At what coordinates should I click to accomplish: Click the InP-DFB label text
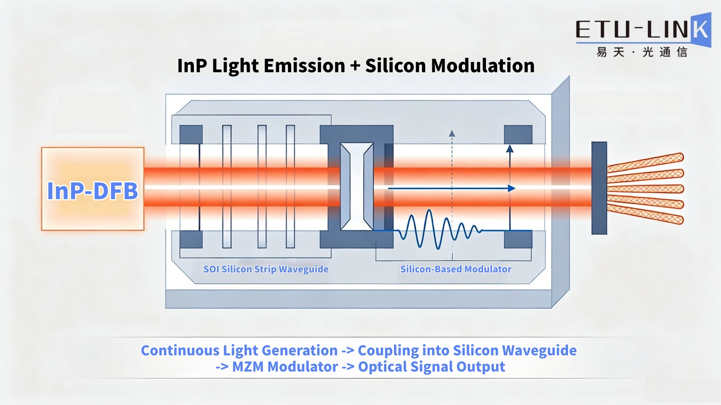(92, 190)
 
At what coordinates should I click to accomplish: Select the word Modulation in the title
(483, 66)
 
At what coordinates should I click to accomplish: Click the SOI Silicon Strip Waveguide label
(266, 269)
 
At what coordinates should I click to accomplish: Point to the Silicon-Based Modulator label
(456, 269)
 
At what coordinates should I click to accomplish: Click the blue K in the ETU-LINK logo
(701, 30)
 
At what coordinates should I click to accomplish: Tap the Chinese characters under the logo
(642, 52)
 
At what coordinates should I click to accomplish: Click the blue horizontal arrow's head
(511, 188)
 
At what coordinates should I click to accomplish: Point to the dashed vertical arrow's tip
(452, 133)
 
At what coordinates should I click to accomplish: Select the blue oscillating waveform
(439, 229)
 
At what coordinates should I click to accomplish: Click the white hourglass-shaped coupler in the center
(357, 186)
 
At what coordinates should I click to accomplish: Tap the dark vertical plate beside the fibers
(599, 188)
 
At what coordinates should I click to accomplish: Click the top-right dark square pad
(518, 135)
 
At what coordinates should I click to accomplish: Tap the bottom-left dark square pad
(191, 239)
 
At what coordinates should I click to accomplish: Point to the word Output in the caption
(481, 367)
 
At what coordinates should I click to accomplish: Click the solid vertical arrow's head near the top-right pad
(510, 148)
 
